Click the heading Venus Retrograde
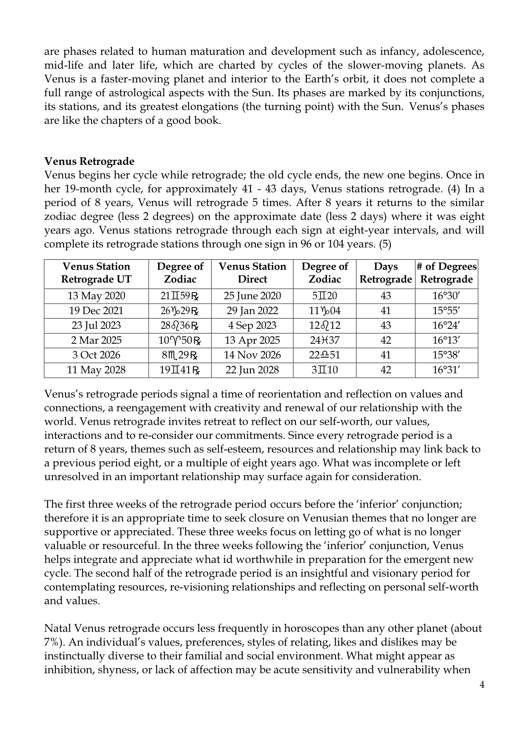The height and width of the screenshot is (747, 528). [x=89, y=161]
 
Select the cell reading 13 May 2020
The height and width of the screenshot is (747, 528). [x=96, y=296]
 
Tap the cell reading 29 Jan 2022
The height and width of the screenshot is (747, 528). [x=252, y=311]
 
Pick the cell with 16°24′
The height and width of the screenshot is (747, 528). [x=446, y=326]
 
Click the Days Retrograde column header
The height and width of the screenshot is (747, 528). [x=385, y=273]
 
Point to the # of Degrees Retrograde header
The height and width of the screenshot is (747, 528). [x=446, y=273]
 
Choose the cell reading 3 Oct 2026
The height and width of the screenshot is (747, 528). [x=96, y=355]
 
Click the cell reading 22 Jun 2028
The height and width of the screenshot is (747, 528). [x=252, y=370]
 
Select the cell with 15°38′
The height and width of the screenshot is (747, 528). [x=446, y=355]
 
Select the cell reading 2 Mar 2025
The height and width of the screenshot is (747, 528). [x=96, y=341]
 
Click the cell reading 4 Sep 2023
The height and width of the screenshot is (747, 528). [x=252, y=326]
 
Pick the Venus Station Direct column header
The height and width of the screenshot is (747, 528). [x=252, y=273]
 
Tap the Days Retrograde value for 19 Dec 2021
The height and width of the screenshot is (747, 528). [x=385, y=311]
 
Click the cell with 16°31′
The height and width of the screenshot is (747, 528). [x=446, y=370]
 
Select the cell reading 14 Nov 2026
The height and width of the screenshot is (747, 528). [x=252, y=355]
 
